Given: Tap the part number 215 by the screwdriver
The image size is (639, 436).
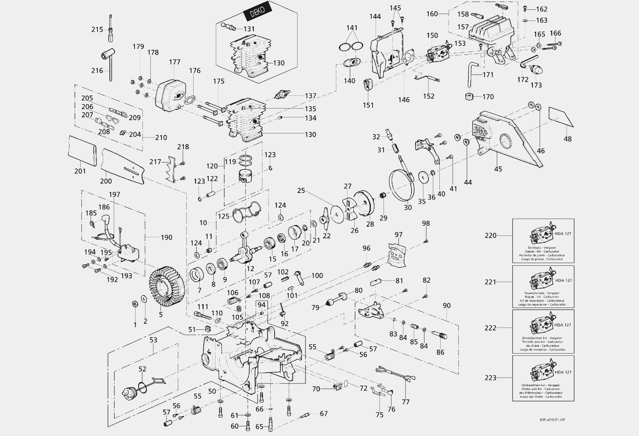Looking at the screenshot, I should [x=97, y=30].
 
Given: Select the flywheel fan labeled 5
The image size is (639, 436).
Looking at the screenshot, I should [x=167, y=287].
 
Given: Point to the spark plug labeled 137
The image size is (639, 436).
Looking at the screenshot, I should [x=282, y=95].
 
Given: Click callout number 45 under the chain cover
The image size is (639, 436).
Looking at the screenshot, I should [x=498, y=169].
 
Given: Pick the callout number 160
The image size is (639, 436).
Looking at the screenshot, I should [x=432, y=14].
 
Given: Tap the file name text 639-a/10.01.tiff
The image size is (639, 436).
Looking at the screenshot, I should [x=554, y=420].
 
